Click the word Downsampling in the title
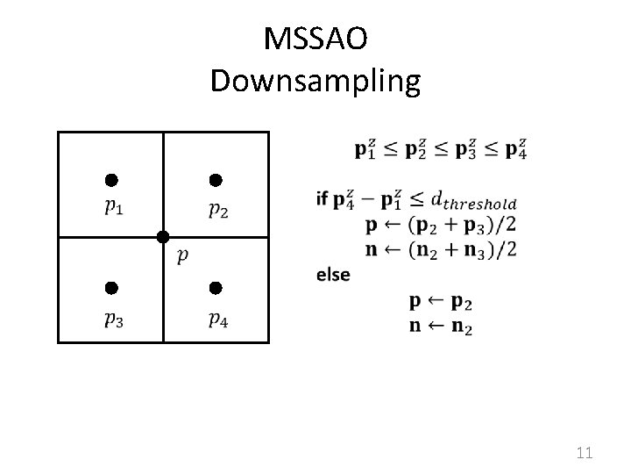coord(315,81)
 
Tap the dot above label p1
coord(110,181)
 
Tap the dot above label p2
coord(215,181)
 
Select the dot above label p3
coord(110,288)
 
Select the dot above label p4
coord(216,288)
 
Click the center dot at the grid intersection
coord(162,237)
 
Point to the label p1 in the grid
coord(113,210)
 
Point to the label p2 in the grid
coord(219,210)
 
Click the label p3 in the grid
coord(113,319)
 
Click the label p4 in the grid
coord(219,319)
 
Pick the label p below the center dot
coord(181,256)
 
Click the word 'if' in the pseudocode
coord(323,199)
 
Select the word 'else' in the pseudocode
coord(333,275)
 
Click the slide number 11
coord(585,453)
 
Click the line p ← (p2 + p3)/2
coord(441,225)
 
